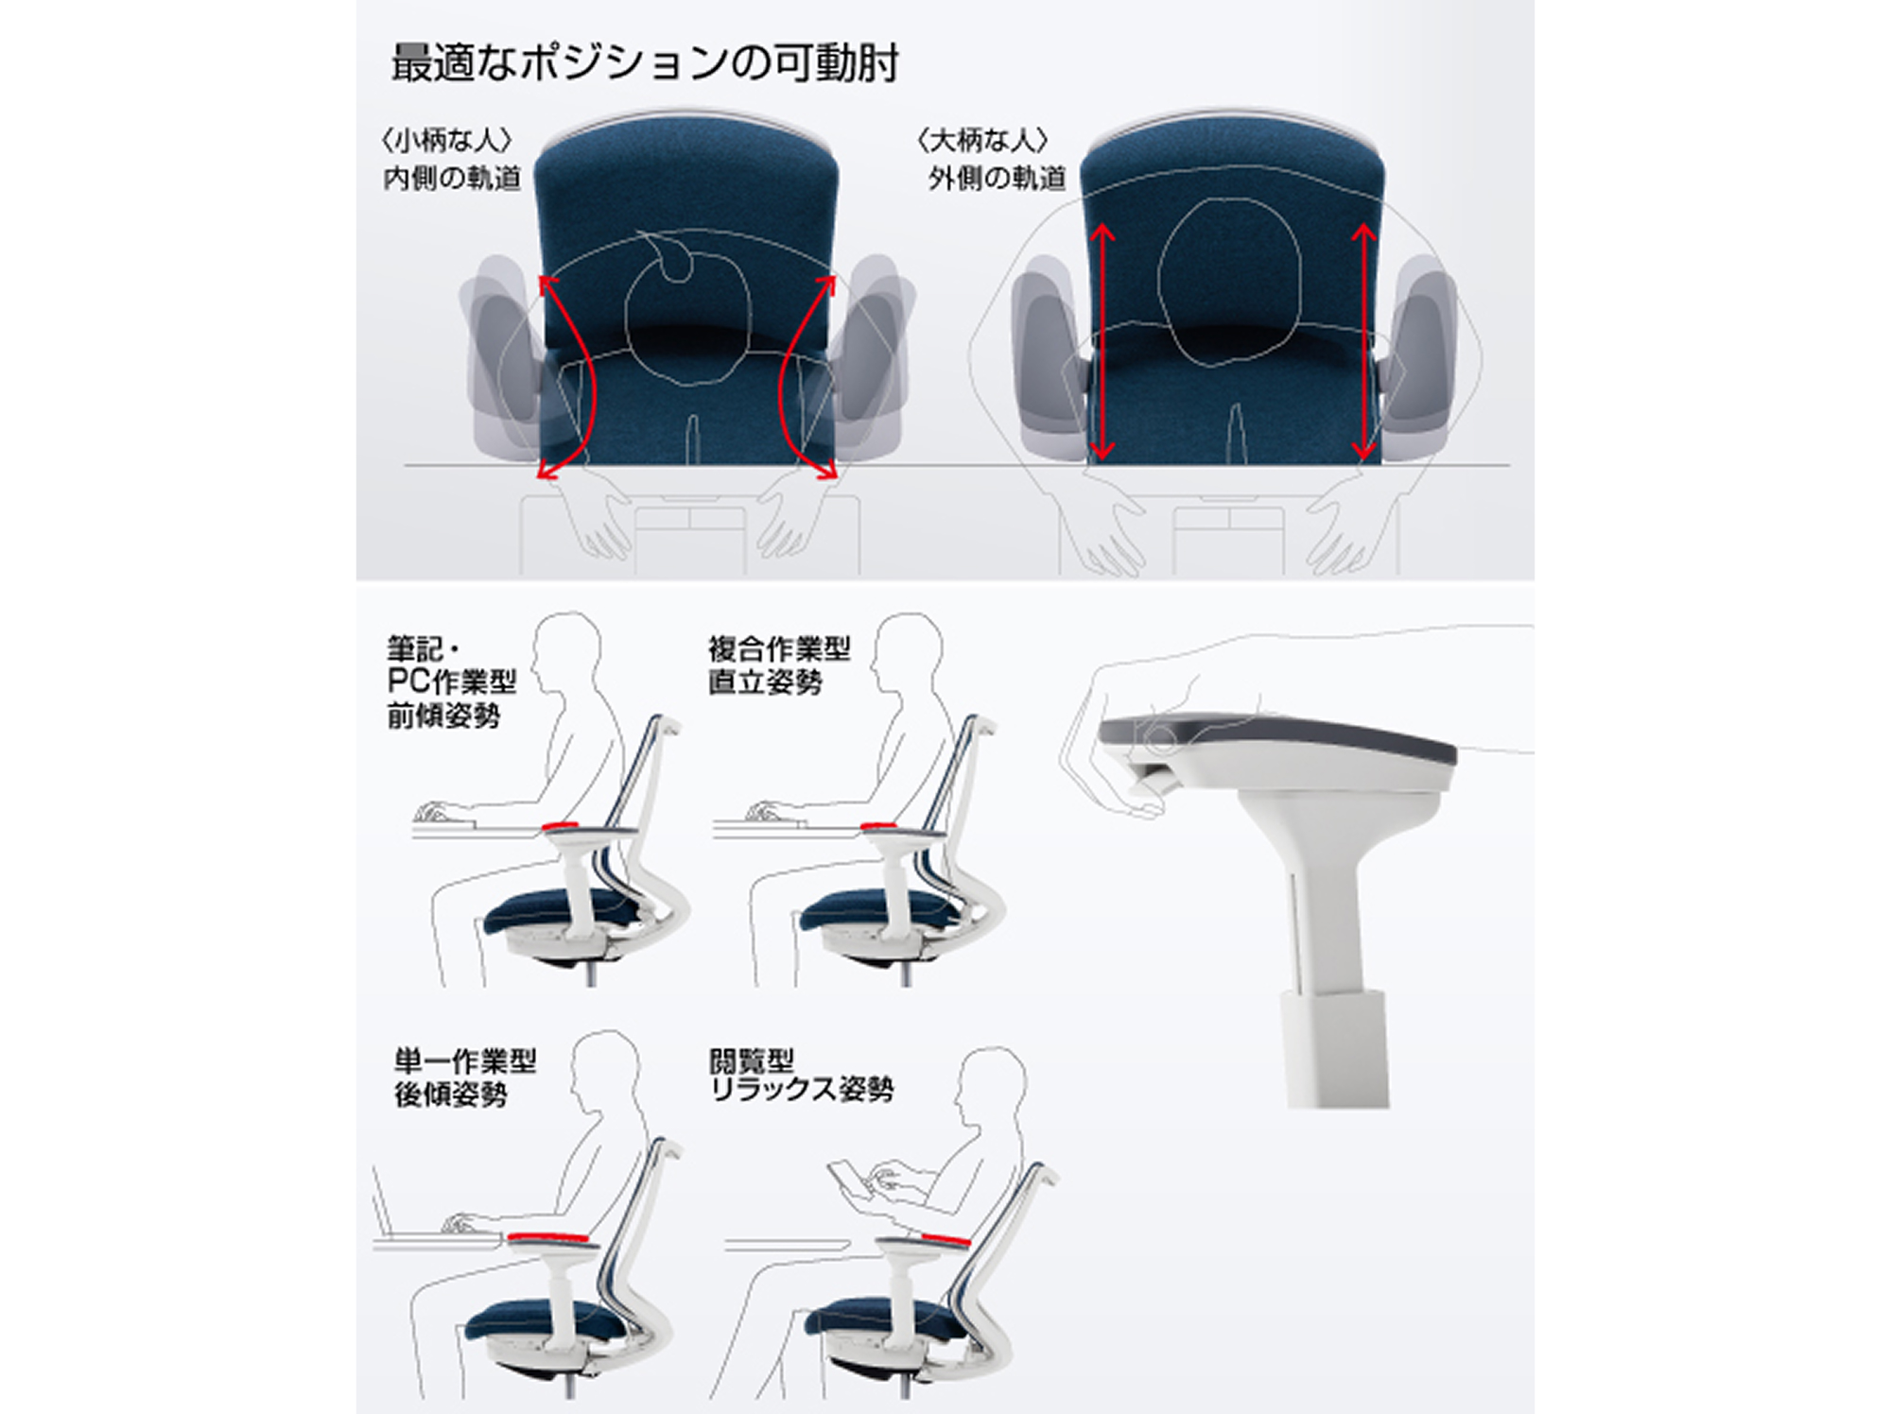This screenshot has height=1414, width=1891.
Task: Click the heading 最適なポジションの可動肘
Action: (645, 62)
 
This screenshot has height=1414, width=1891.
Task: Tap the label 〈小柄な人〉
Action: (447, 141)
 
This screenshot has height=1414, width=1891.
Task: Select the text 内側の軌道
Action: (452, 178)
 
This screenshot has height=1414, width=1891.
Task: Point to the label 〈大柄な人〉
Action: (983, 141)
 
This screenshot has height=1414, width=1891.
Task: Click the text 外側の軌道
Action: (997, 178)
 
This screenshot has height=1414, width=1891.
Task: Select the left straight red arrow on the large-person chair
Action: (1102, 342)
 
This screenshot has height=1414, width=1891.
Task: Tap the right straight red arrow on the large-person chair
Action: (1363, 342)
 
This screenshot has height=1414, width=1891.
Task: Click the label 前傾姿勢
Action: (443, 716)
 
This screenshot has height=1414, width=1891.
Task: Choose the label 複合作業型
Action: (779, 648)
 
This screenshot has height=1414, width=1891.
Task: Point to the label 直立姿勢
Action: (765, 681)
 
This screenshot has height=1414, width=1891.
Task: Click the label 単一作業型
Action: (465, 1060)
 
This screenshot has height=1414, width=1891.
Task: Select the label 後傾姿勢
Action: (451, 1095)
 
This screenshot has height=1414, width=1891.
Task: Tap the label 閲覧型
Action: (752, 1060)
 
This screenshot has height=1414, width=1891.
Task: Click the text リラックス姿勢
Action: (801, 1090)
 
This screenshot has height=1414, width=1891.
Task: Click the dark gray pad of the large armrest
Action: (1276, 737)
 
